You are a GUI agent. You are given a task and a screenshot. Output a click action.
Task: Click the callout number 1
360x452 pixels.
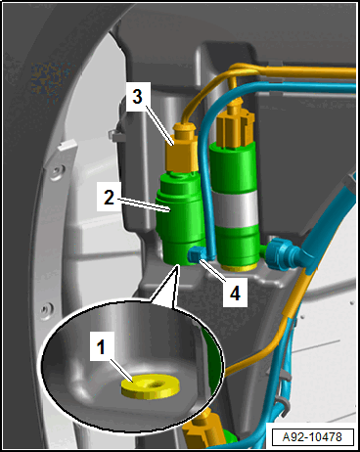click(101, 346)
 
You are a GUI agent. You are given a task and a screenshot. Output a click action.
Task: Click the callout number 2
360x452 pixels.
click(110, 197)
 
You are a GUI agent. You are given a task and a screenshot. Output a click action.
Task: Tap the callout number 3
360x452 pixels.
click(138, 97)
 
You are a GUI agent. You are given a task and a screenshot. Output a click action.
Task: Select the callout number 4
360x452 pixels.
click(235, 293)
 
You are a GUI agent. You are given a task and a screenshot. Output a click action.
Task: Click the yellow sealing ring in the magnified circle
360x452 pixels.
click(151, 386)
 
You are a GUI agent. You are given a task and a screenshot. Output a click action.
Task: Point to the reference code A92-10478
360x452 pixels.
click(312, 437)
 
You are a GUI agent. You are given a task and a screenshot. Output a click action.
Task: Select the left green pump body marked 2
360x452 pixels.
click(180, 218)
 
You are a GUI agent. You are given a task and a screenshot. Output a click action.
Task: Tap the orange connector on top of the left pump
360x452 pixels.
click(183, 147)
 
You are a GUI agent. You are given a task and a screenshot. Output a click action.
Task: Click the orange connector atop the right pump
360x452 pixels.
click(236, 126)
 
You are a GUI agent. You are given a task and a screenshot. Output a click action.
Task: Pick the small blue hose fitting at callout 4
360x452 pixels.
click(197, 254)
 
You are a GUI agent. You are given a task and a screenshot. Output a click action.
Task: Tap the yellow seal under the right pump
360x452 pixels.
click(238, 268)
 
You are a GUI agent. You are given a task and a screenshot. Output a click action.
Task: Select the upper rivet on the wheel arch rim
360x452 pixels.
click(58, 172)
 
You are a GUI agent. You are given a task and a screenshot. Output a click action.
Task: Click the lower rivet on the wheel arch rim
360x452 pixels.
click(47, 309)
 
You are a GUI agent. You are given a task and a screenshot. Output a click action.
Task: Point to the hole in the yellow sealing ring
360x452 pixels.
click(155, 384)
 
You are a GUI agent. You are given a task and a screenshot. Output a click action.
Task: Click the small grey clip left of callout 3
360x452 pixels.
click(116, 135)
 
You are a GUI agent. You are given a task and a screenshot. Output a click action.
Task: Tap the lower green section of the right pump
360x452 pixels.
click(238, 246)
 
